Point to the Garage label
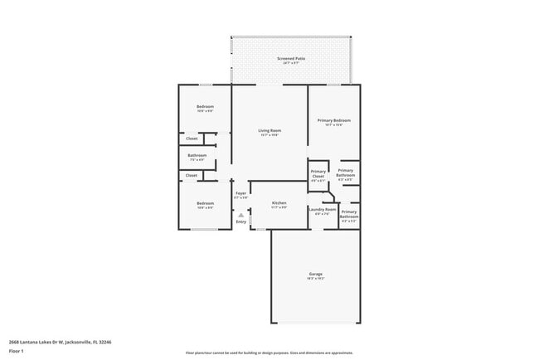click(x=316, y=274)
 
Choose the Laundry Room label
click(x=323, y=210)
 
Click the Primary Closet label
click(x=318, y=175)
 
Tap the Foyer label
click(x=240, y=194)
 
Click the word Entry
click(x=240, y=221)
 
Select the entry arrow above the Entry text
click(x=240, y=214)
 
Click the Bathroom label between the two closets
click(x=197, y=155)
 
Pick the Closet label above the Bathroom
click(x=192, y=138)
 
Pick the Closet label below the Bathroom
click(x=192, y=175)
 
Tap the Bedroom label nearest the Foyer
click(x=205, y=203)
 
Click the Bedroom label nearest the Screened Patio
click(x=205, y=106)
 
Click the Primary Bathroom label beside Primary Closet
click(x=346, y=172)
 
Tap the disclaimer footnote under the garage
click(x=269, y=353)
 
